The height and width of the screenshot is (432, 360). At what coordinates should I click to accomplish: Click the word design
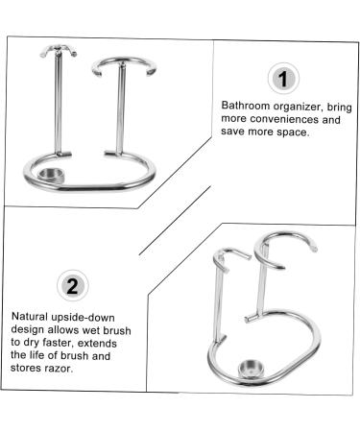tap(30, 328)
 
